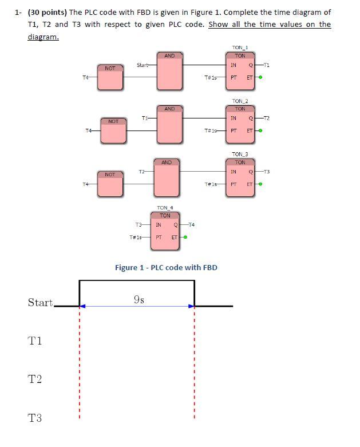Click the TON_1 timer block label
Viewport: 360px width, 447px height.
point(240,48)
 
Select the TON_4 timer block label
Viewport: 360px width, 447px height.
point(165,208)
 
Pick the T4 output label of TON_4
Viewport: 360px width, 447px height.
point(191,225)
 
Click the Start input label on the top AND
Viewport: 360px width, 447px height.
point(143,65)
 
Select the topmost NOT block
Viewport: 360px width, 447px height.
point(110,78)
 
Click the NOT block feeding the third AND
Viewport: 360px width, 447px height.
point(110,184)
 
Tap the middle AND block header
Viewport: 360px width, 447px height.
point(169,109)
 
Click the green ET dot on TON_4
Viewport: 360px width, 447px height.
point(185,236)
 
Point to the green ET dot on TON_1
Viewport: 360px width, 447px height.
point(260,77)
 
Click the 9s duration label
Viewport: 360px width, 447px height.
point(138,299)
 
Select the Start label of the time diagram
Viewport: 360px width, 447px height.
point(40,303)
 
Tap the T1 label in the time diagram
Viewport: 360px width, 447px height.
point(35,341)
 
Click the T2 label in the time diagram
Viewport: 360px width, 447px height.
point(35,379)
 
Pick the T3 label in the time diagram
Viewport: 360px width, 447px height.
point(35,418)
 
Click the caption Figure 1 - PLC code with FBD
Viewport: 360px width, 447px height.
point(166,267)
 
